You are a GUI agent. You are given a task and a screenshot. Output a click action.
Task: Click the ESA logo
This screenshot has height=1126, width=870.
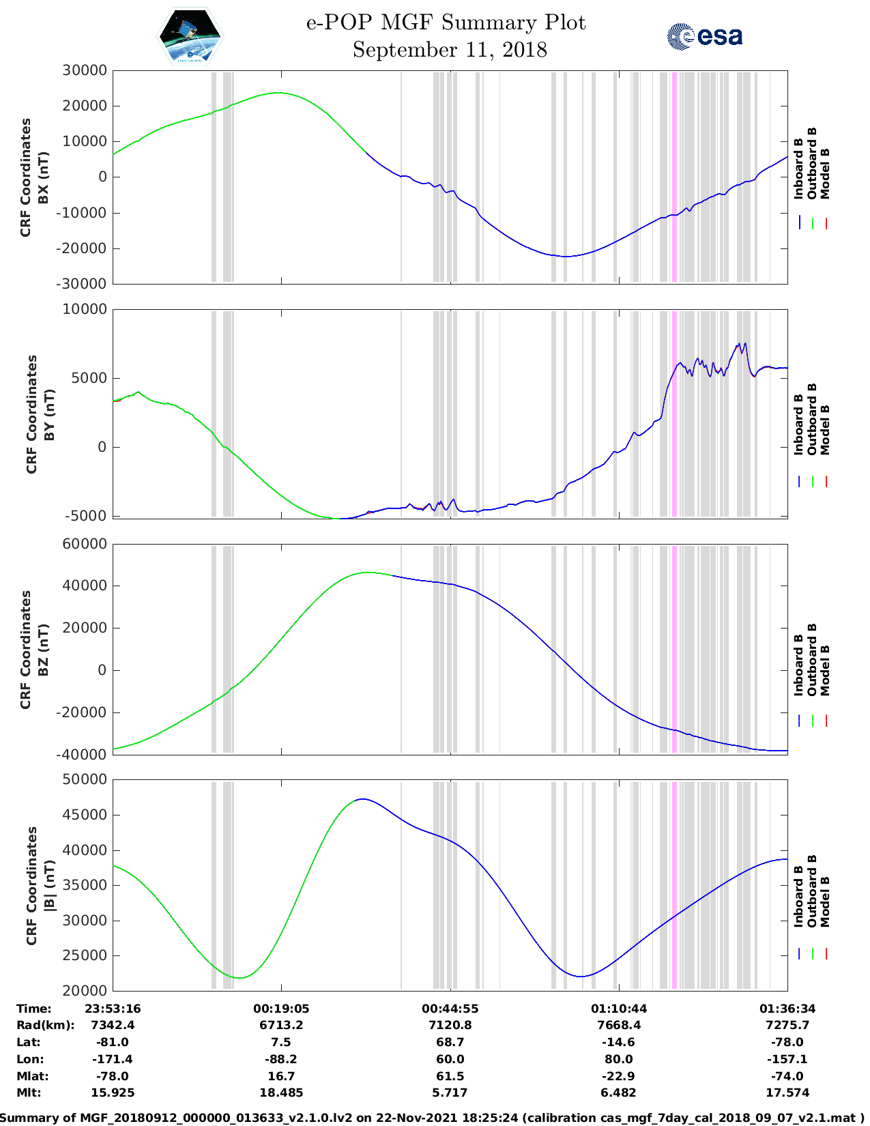[x=705, y=36]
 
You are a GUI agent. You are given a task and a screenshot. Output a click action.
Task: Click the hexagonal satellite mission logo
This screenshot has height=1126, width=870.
[x=190, y=37]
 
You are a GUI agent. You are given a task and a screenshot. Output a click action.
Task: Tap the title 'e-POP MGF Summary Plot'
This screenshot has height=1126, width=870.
[x=446, y=23]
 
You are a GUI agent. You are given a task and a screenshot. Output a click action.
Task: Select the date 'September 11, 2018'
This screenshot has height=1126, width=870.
[x=450, y=50]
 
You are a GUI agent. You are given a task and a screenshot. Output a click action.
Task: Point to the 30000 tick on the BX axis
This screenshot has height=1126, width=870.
[x=85, y=70]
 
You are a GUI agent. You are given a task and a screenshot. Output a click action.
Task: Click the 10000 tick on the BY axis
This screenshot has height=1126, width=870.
[x=85, y=309]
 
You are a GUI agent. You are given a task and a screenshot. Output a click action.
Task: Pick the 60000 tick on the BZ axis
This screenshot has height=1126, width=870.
[x=85, y=544]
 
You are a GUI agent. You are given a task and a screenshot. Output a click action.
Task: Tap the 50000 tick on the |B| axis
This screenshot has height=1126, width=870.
[x=85, y=779]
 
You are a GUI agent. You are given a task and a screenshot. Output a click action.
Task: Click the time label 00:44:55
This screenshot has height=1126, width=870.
[x=450, y=1009]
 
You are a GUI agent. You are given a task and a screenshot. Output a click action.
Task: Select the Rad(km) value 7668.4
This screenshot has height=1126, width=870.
[x=619, y=1025]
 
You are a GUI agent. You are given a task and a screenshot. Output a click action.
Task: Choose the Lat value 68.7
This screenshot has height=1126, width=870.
[x=450, y=1042]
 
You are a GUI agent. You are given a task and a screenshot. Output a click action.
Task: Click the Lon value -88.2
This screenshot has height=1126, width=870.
[x=280, y=1059]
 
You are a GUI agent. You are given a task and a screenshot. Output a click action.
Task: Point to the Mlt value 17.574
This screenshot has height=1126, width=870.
[x=787, y=1093]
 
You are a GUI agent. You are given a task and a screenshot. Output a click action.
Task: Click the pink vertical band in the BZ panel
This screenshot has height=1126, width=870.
[x=674, y=648]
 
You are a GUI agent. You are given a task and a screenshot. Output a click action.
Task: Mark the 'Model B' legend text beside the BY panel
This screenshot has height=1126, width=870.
[x=825, y=430]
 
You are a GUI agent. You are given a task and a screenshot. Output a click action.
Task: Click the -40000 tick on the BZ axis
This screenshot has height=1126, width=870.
[x=85, y=755]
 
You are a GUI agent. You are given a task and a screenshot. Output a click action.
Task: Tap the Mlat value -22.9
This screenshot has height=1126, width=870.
[x=619, y=1076]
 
